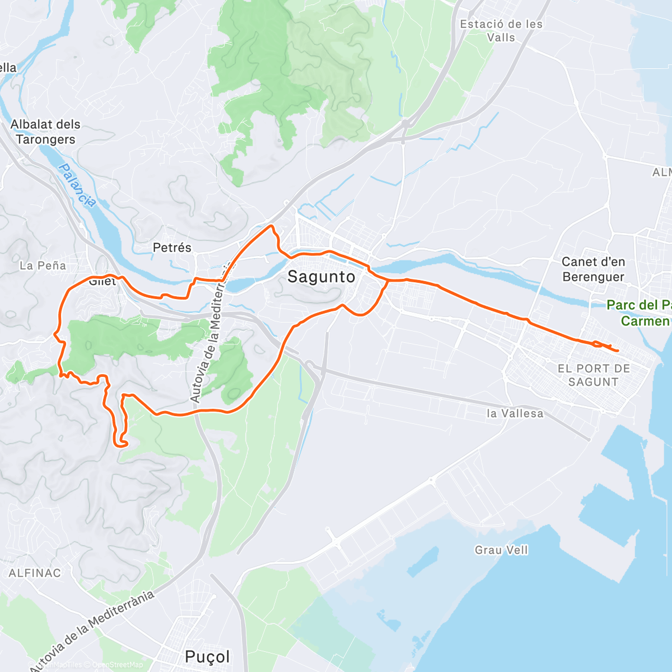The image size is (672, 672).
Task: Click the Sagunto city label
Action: pyautogui.click(x=321, y=277)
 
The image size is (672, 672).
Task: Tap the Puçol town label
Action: pyautogui.click(x=207, y=656)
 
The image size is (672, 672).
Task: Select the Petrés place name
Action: pyautogui.click(x=172, y=248)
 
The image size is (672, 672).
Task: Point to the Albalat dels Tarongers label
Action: pyautogui.click(x=45, y=132)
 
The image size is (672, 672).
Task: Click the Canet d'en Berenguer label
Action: pyautogui.click(x=593, y=269)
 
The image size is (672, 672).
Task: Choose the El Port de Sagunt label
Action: pyautogui.click(x=594, y=375)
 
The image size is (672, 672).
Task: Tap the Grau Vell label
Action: pyautogui.click(x=501, y=550)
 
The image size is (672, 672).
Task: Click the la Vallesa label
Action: pyautogui.click(x=515, y=414)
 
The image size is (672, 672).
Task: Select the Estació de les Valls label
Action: pyautogui.click(x=501, y=31)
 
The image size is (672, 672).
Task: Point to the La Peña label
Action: pyautogui.click(x=43, y=265)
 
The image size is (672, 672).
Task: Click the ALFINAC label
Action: pyautogui.click(x=35, y=573)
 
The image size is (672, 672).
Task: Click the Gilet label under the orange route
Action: pyautogui.click(x=102, y=282)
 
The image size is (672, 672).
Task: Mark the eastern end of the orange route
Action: pyautogui.click(x=618, y=351)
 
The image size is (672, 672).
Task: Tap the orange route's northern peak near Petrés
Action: pyautogui.click(x=272, y=226)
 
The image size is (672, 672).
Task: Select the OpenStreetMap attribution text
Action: pyautogui.click(x=118, y=665)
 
